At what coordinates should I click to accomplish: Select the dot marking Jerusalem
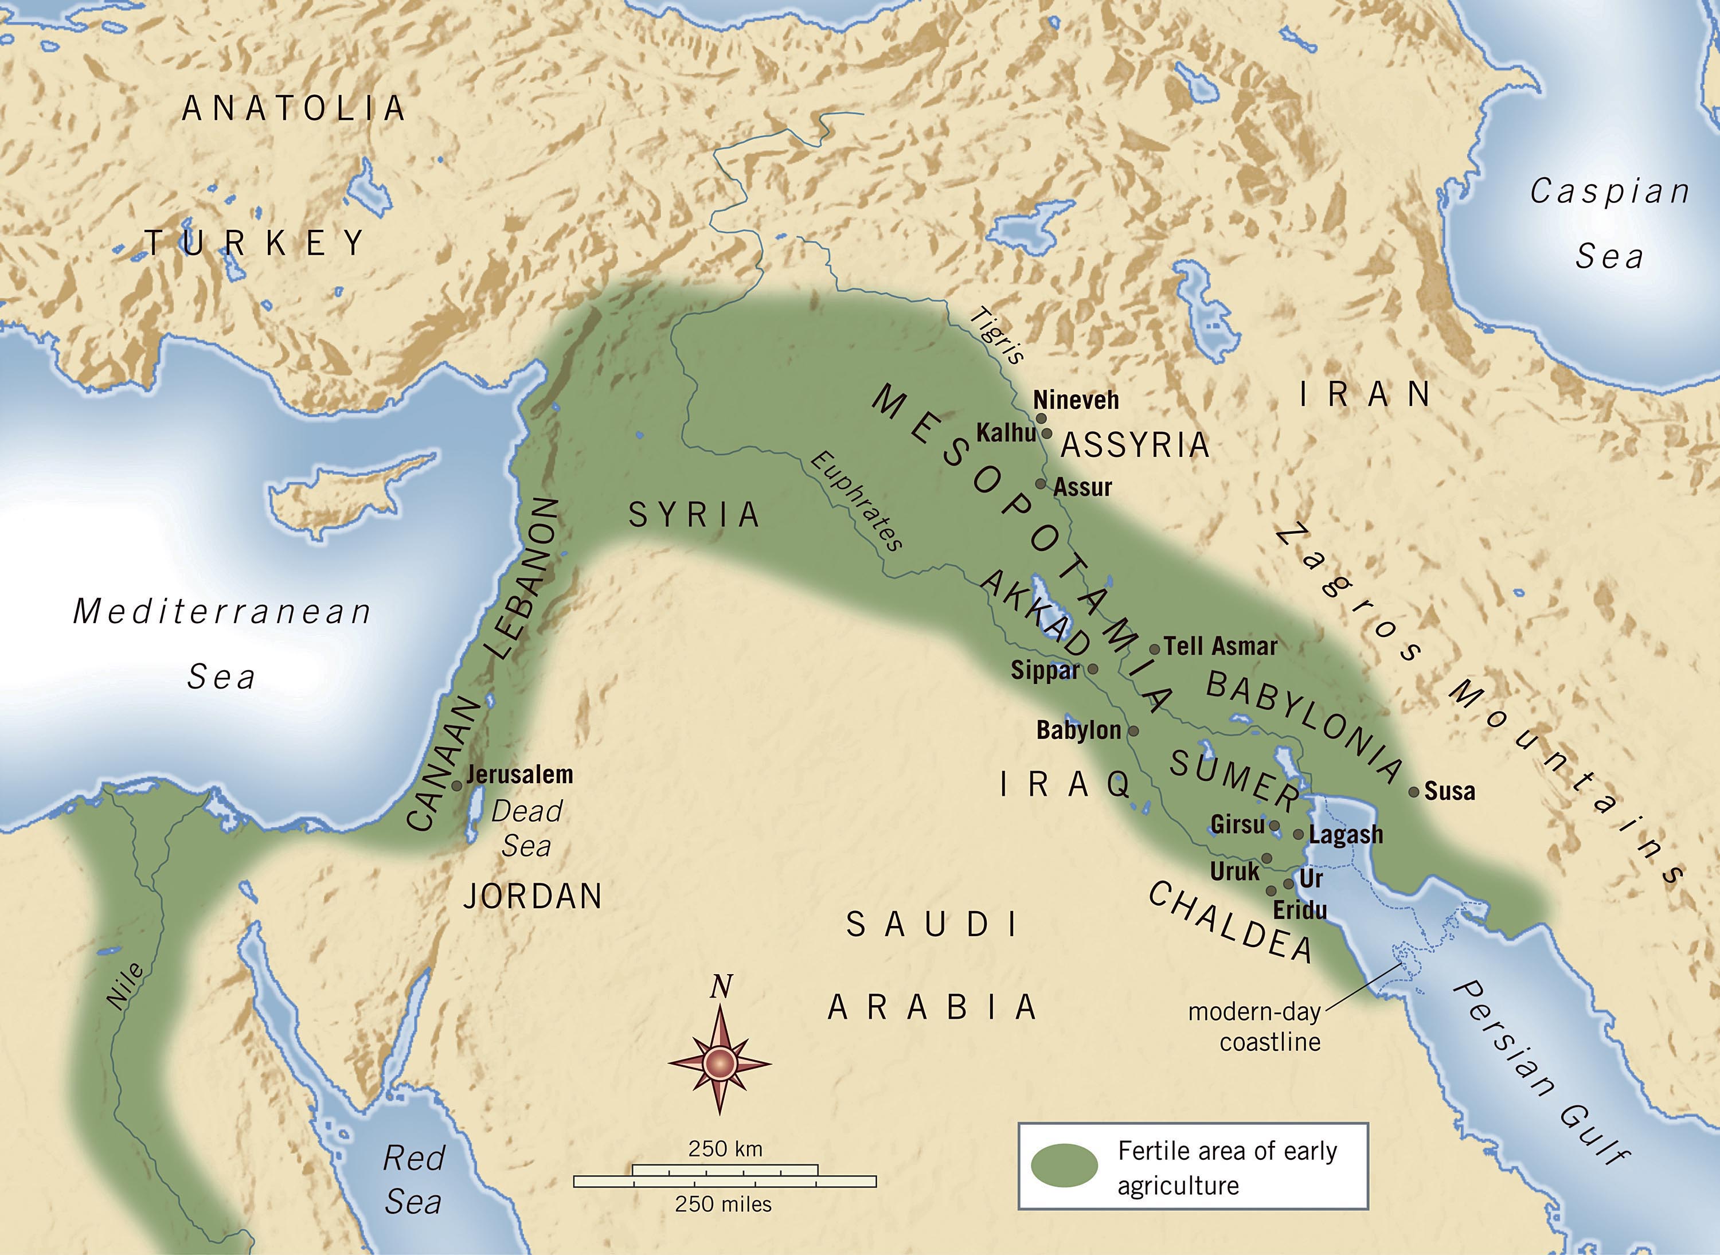pos(456,786)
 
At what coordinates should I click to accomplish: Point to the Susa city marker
pos(1414,792)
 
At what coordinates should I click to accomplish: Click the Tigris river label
pos(1000,335)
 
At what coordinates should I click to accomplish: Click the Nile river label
pos(126,986)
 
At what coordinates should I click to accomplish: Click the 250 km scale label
pos(725,1148)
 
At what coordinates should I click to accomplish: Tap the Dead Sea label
pos(526,828)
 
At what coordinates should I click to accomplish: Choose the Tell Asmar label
pos(1221,647)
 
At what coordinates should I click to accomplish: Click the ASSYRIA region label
pos(1134,444)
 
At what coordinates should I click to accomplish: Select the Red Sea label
pos(413,1179)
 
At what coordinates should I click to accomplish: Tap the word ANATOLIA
pos(294,108)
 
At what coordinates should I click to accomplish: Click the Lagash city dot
pos(1299,834)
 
